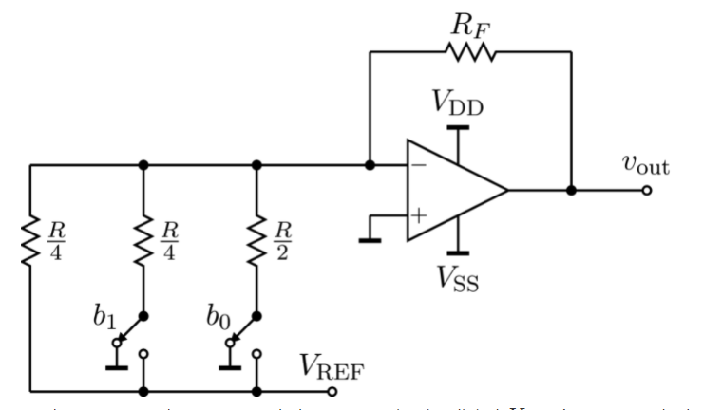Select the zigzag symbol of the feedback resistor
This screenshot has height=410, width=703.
pyautogui.click(x=470, y=53)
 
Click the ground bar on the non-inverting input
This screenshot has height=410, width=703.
pyautogui.click(x=370, y=238)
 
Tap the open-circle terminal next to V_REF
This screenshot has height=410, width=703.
pyautogui.click(x=332, y=390)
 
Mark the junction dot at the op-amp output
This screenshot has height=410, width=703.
pyautogui.click(x=571, y=190)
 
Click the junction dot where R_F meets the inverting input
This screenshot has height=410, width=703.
pyautogui.click(x=370, y=165)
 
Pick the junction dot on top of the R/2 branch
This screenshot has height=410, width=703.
pyautogui.click(x=256, y=165)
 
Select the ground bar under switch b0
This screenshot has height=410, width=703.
pyautogui.click(x=229, y=365)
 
